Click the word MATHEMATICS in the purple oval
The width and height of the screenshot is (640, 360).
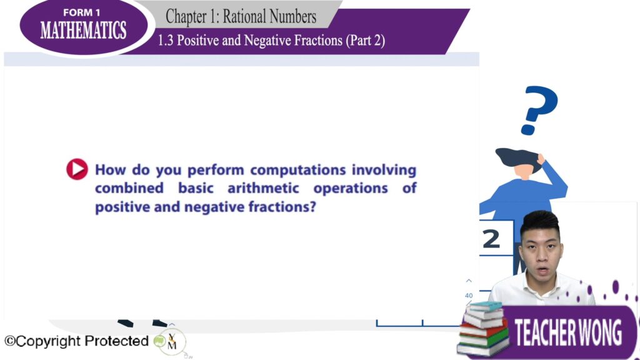click(x=83, y=30)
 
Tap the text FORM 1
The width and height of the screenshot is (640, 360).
click(x=82, y=12)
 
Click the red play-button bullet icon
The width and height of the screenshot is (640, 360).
click(x=77, y=169)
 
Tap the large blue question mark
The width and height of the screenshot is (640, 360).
click(x=539, y=110)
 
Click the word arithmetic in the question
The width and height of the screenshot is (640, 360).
click(x=263, y=188)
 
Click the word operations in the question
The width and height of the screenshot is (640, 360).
click(x=351, y=189)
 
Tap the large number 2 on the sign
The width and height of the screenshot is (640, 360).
click(x=491, y=239)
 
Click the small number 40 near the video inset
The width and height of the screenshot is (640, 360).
click(x=469, y=296)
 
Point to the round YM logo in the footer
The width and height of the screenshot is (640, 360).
click(x=172, y=342)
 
